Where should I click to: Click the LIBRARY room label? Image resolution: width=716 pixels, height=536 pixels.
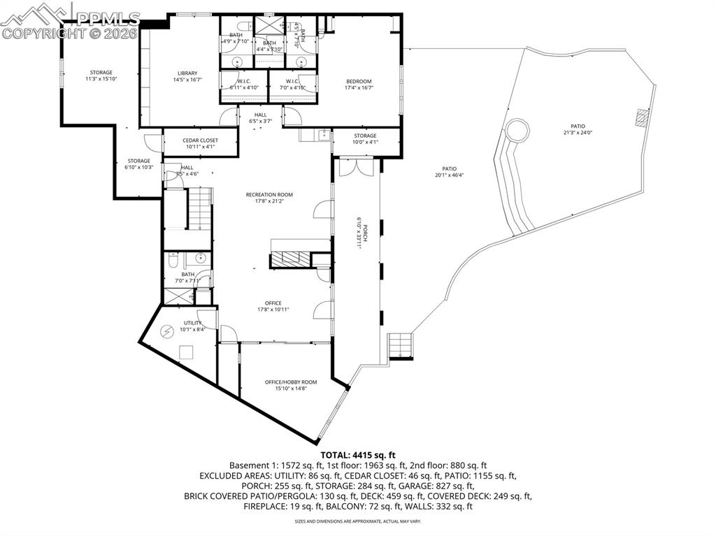pos(187,73)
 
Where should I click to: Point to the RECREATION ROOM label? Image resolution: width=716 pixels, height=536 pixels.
pos(269,194)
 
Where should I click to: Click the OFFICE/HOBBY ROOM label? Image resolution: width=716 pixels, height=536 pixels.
pos(291,382)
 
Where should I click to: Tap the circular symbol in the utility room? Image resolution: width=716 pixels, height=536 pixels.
pos(168,331)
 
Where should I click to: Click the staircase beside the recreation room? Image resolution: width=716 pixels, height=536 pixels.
pos(200,209)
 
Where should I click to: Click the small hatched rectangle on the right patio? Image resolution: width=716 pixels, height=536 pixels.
pos(642,117)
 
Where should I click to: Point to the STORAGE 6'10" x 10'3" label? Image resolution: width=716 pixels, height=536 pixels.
pos(138,164)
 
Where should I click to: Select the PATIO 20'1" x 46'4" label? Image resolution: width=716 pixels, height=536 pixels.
pos(449,172)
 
